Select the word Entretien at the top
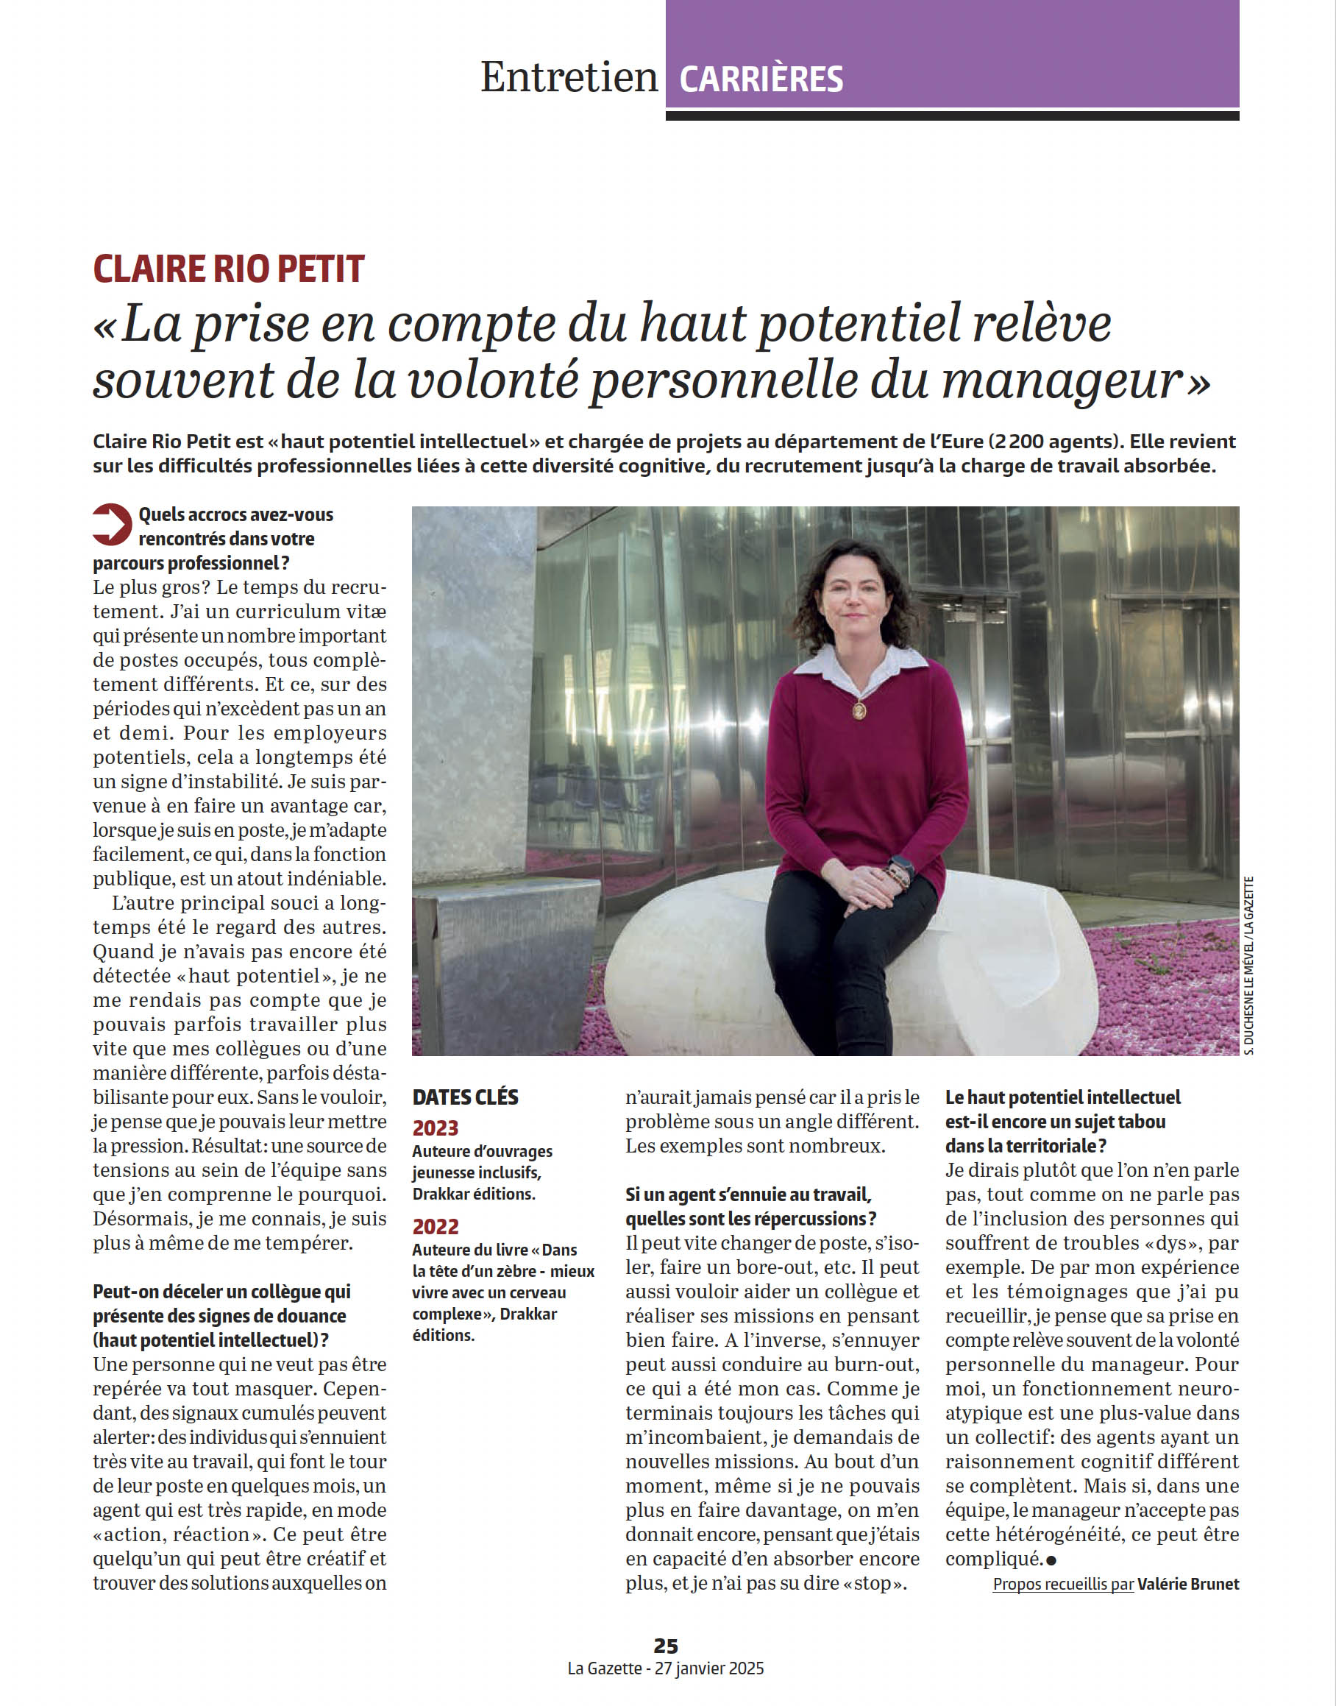pyautogui.click(x=569, y=77)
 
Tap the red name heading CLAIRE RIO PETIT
pyautogui.click(x=228, y=269)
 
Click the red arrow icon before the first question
pyautogui.click(x=112, y=523)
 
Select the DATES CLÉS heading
pyautogui.click(x=465, y=1097)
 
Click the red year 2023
pyautogui.click(x=435, y=1128)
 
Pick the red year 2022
pyautogui.click(x=435, y=1226)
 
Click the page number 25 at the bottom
pyautogui.click(x=666, y=1645)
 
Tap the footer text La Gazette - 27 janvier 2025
pyautogui.click(x=666, y=1668)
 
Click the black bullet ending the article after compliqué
pyautogui.click(x=1051, y=1560)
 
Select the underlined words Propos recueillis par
pyautogui.click(x=1063, y=1584)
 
